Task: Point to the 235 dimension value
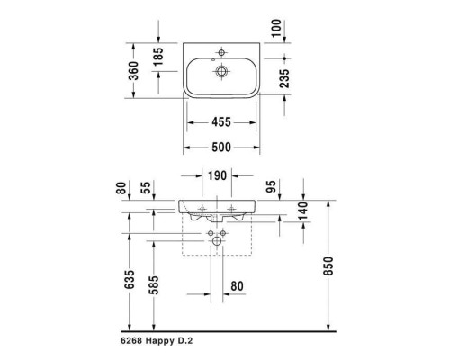(285, 78)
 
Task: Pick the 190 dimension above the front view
(217, 175)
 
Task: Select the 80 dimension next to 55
(121, 190)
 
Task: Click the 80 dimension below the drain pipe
(238, 287)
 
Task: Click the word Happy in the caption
(167, 343)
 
